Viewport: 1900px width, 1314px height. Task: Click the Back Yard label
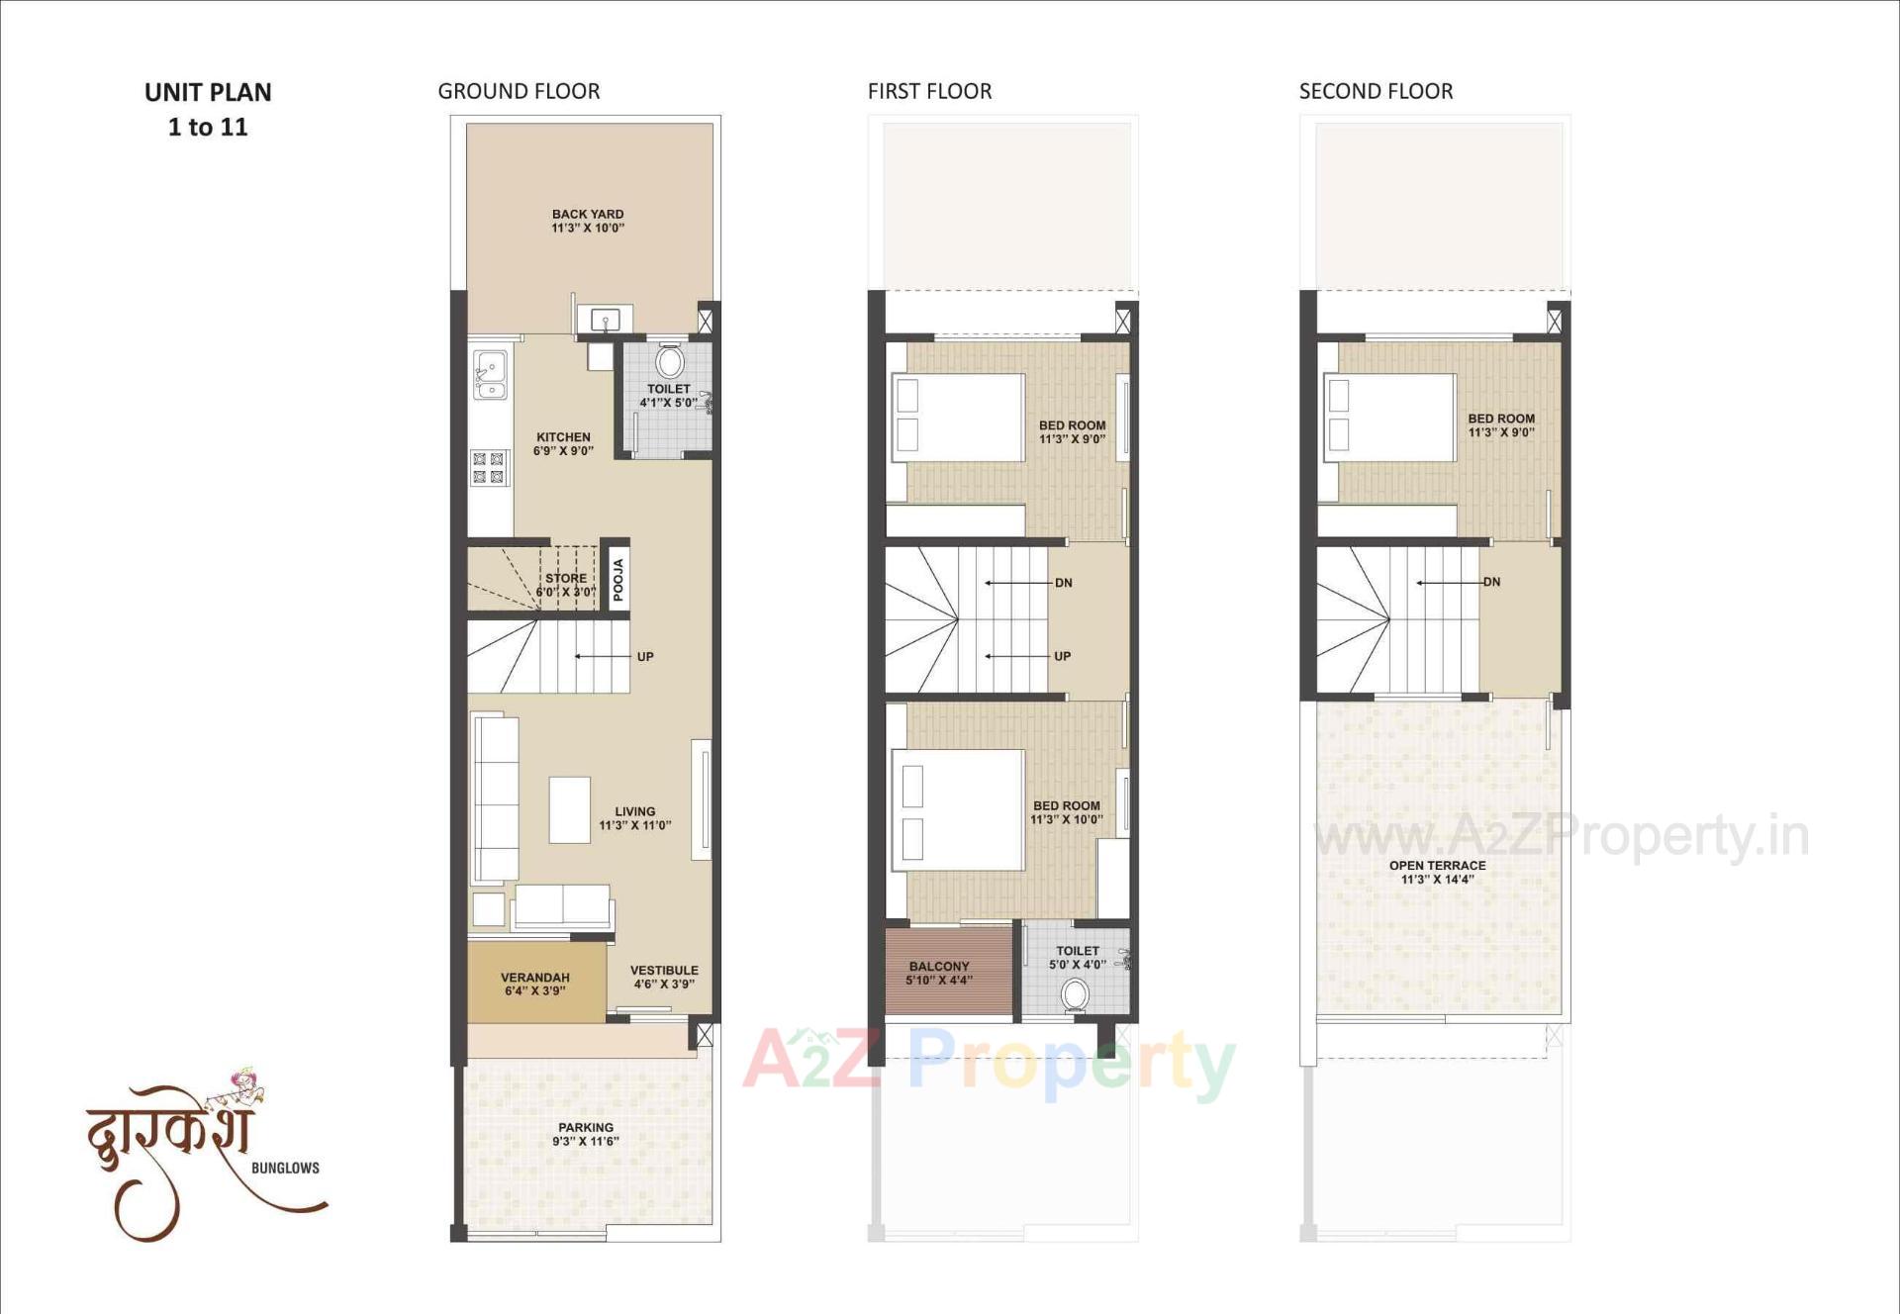588,221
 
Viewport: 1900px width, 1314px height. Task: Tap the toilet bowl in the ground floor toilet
670,360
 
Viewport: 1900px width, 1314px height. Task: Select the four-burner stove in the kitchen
489,468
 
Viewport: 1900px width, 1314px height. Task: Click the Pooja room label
618,580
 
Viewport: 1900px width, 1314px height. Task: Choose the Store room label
566,585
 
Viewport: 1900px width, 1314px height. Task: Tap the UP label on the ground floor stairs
645,657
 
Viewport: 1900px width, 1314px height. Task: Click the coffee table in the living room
569,809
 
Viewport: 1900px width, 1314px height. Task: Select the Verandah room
535,983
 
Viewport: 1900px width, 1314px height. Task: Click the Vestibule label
664,977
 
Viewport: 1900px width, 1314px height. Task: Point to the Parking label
586,1134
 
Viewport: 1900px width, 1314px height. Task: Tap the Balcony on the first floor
939,973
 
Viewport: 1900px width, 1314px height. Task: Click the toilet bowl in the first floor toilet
1075,994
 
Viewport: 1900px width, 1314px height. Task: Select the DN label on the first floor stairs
1064,583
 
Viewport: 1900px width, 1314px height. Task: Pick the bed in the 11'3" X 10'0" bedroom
958,810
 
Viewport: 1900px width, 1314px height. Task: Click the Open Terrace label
1437,872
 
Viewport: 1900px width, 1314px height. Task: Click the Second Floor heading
1376,91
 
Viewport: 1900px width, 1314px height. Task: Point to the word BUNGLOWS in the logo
285,1169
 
